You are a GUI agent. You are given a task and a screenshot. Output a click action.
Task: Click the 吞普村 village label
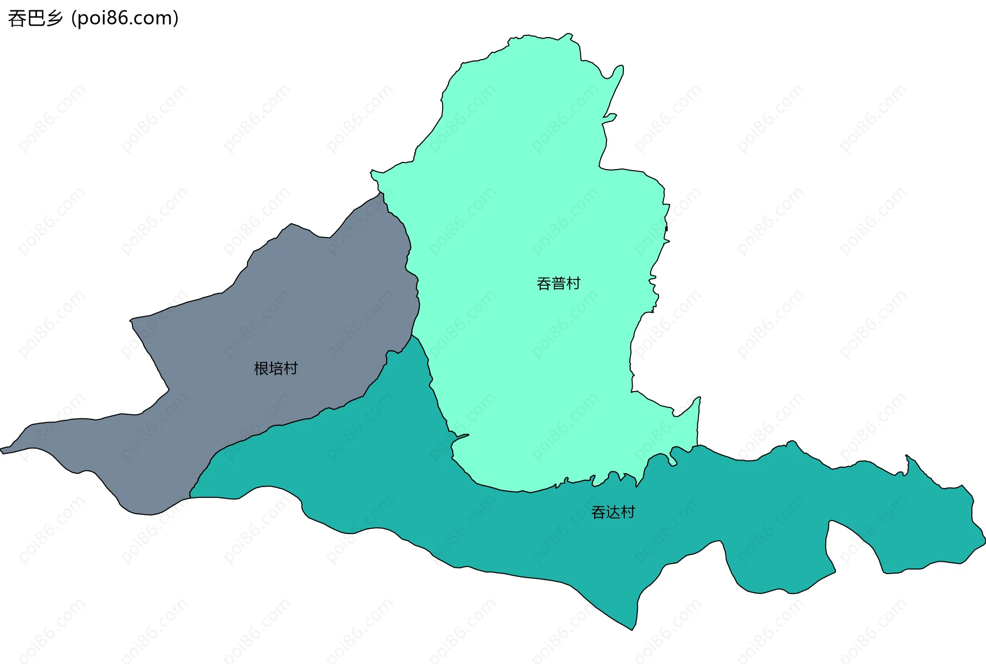tap(558, 283)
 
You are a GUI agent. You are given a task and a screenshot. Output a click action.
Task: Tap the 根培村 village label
tap(276, 368)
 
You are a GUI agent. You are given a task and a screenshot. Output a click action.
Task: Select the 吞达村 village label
tap(613, 512)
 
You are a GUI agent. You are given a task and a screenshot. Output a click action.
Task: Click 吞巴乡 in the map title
tap(35, 19)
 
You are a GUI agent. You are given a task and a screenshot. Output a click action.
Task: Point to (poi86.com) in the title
tap(125, 19)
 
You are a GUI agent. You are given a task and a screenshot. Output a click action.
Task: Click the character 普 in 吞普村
tap(558, 283)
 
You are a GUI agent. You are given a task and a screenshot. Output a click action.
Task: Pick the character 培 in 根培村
tap(276, 368)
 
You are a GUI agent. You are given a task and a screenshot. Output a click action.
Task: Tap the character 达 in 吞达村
tap(613, 512)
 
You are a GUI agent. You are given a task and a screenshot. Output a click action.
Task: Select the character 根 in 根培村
tap(261, 368)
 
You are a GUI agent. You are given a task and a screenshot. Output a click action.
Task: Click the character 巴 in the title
tap(35, 19)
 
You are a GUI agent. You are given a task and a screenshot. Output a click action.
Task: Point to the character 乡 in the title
tap(54, 19)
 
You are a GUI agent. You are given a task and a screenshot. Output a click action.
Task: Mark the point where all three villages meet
tap(412, 336)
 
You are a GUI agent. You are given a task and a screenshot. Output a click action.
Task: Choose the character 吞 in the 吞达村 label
tap(598, 512)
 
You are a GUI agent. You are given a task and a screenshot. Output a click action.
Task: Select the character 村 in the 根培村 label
tap(291, 368)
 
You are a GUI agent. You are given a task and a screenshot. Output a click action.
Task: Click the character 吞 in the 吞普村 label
tap(544, 283)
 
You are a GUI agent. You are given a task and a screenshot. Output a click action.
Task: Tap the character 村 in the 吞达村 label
tap(628, 512)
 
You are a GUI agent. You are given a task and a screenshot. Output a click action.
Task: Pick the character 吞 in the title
tap(16, 19)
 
